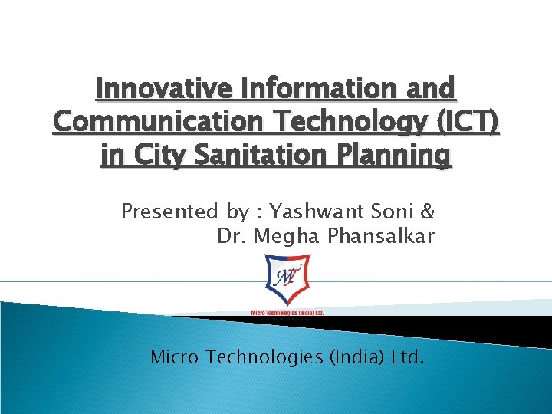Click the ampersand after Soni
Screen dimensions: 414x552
(428, 211)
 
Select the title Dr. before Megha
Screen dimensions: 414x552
(232, 237)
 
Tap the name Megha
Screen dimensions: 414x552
(287, 237)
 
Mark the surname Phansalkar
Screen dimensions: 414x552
(381, 237)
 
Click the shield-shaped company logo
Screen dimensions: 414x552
(287, 280)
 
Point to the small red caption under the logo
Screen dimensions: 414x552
(287, 312)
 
